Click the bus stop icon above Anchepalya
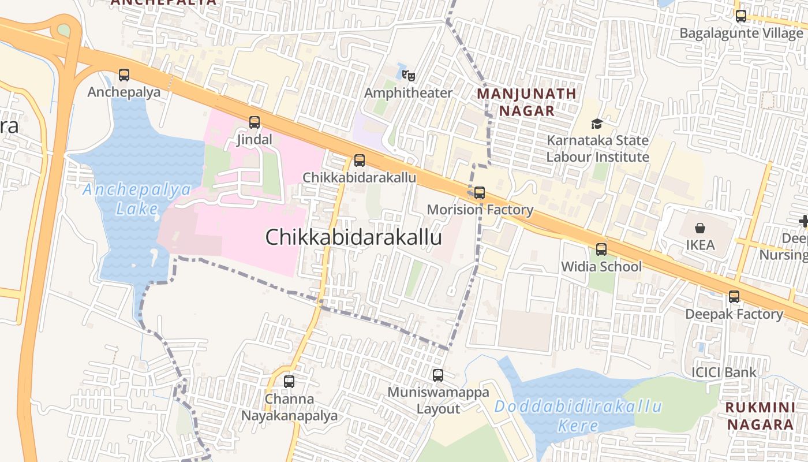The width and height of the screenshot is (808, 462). (124, 75)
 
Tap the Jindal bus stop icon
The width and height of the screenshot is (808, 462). (255, 122)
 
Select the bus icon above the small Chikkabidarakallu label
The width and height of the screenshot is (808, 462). (360, 161)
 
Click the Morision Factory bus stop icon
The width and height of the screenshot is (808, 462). (480, 193)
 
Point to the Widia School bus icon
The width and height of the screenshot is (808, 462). (601, 249)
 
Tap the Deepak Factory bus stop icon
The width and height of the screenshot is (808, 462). (734, 297)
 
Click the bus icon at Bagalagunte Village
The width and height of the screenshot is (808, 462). (741, 16)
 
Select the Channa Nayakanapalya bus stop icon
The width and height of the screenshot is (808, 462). (289, 382)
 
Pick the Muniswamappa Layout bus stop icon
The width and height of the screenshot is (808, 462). (438, 375)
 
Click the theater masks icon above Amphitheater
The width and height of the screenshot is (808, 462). (409, 75)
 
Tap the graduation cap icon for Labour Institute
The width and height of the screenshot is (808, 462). (597, 124)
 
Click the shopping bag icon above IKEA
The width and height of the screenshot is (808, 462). (700, 229)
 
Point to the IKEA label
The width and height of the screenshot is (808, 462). (700, 245)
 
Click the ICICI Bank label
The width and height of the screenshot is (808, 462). (724, 372)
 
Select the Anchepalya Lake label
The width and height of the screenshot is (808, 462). (137, 199)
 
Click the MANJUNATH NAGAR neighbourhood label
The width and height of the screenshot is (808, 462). (526, 102)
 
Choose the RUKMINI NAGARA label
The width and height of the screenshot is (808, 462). (760, 416)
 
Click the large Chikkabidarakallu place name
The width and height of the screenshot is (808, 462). (353, 237)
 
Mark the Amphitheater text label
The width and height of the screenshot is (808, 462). (409, 93)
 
